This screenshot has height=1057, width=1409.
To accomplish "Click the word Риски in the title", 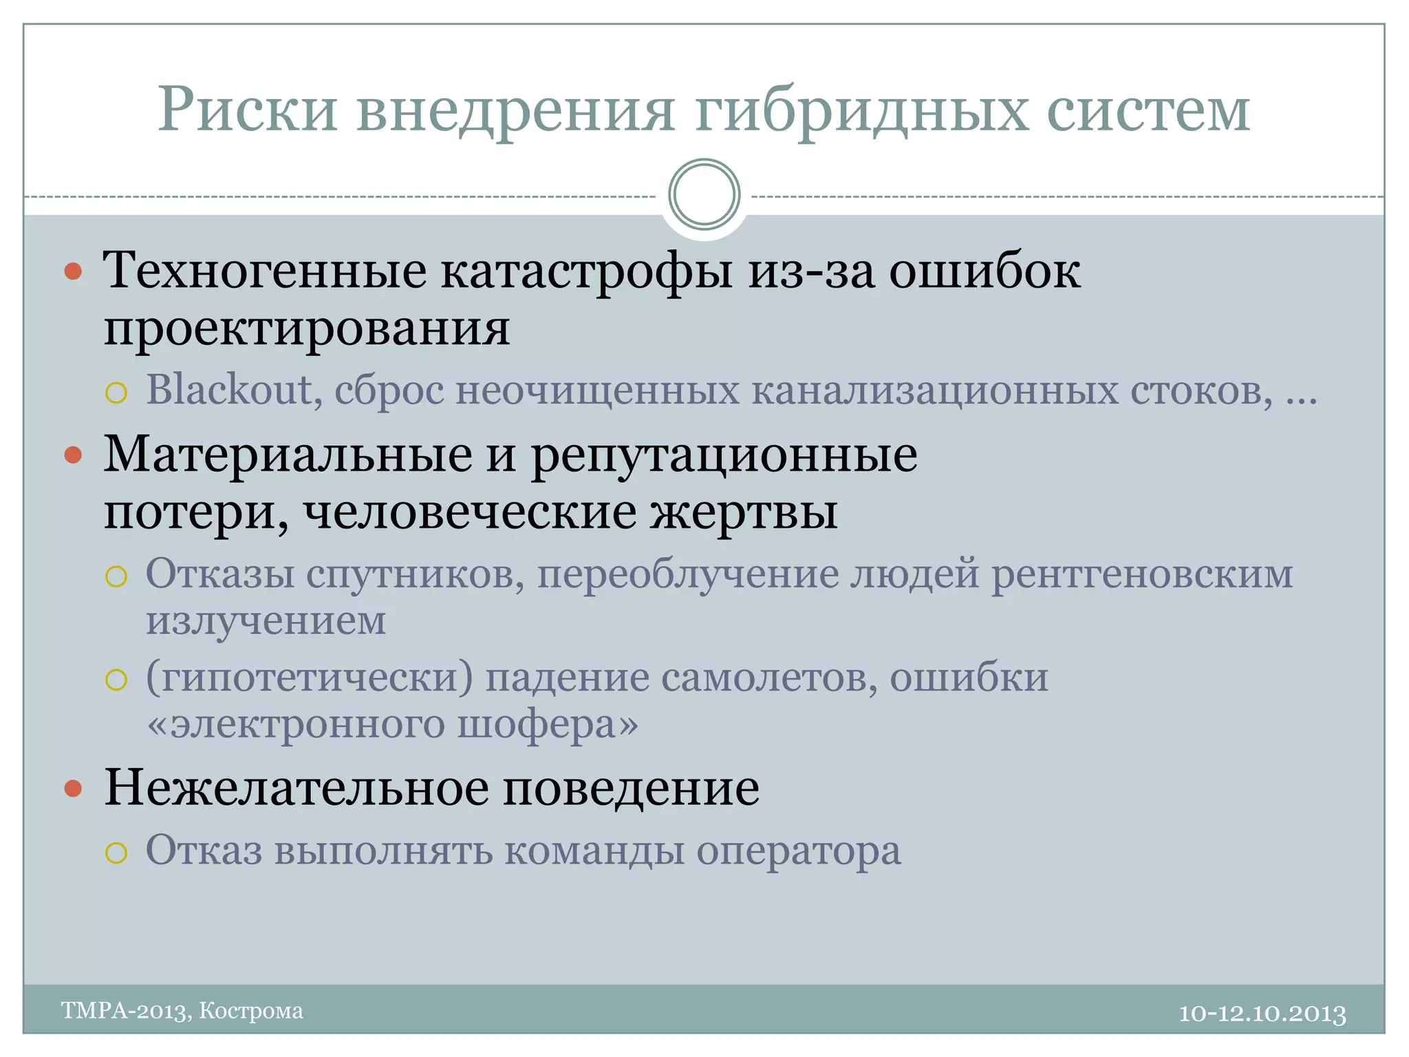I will [248, 110].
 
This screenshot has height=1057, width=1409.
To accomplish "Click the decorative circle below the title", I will [704, 194].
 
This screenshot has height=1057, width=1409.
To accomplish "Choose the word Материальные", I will [288, 455].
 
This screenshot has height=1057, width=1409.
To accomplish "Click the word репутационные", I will [724, 456].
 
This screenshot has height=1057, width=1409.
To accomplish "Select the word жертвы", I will [744, 513].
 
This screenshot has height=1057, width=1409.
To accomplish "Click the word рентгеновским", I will [1142, 574].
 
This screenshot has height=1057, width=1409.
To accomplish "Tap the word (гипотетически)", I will [310, 679].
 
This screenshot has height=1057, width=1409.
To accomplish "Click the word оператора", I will [798, 852].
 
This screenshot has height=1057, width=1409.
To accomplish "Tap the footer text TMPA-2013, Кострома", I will [182, 1011].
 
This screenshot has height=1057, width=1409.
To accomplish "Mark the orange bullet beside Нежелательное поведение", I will [73, 788].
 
